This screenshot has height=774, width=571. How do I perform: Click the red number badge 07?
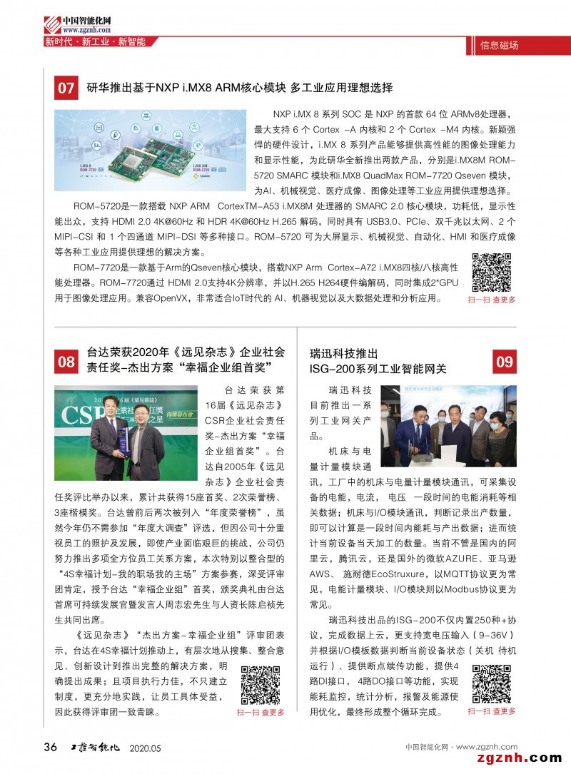(x=66, y=88)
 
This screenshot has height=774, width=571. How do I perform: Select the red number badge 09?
(x=504, y=362)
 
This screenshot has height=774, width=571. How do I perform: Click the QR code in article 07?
(x=492, y=272)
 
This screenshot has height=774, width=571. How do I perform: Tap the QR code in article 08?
(x=261, y=684)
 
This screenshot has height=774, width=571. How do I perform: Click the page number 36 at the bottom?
(x=51, y=747)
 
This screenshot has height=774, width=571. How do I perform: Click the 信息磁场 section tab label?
(x=499, y=46)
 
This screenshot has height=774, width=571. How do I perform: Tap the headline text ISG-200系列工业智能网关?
(x=378, y=369)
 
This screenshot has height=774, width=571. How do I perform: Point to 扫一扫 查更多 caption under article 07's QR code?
(x=492, y=300)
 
